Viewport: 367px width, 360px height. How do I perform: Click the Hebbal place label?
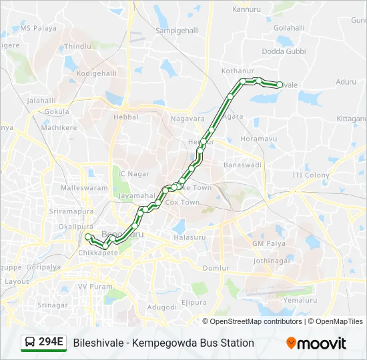pos(126,117)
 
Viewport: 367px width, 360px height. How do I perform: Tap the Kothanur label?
pos(238,70)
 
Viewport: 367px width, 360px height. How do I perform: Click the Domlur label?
pos(216,268)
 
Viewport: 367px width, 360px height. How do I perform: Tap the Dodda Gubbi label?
pos(283,51)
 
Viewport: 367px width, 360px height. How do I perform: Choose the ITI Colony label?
pos(311,175)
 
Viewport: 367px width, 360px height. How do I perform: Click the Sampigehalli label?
pos(177,31)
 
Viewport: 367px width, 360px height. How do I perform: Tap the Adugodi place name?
pos(161,307)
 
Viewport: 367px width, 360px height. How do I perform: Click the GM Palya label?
pos(269,243)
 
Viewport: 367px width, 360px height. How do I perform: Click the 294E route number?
pos(51,343)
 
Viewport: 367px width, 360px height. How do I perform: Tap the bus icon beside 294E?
pos(30,343)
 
